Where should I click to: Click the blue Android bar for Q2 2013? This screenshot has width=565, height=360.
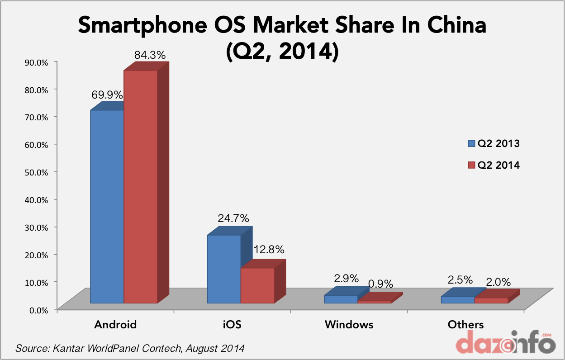[x=107, y=206]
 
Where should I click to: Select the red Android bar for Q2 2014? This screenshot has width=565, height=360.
[x=141, y=186]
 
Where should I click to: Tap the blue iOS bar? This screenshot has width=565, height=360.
[x=224, y=269]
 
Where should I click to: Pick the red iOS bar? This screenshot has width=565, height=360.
[x=257, y=285]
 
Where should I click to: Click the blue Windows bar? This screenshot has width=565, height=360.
[x=341, y=299]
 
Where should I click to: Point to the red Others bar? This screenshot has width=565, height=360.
[x=491, y=300]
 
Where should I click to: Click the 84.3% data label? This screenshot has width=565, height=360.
[x=150, y=55]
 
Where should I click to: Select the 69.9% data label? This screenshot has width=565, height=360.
[x=107, y=95]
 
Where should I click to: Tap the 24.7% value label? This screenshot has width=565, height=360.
[x=233, y=218]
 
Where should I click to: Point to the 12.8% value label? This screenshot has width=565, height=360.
[x=269, y=249]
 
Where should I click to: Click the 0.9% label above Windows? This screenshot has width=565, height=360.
[x=380, y=284]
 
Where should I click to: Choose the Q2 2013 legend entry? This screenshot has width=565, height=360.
[x=494, y=144]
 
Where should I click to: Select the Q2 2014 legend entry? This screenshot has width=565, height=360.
[x=494, y=166]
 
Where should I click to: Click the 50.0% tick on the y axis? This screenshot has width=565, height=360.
[x=35, y=172]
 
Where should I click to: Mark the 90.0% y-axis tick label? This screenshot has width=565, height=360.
[x=35, y=62]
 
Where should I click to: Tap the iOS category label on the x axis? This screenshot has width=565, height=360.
[x=232, y=324]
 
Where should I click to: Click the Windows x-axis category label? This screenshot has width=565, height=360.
[x=349, y=324]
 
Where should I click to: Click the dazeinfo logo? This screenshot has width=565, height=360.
[x=505, y=343]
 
